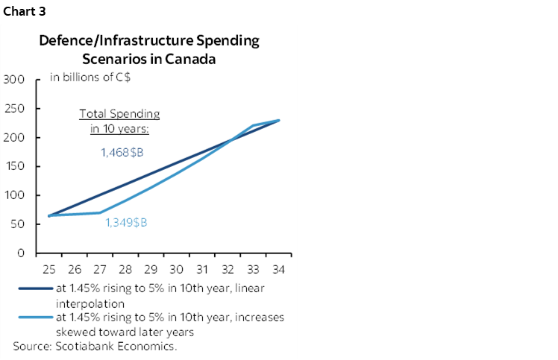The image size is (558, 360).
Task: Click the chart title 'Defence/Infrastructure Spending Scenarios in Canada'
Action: click(x=149, y=50)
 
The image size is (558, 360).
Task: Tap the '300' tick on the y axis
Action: click(x=14, y=80)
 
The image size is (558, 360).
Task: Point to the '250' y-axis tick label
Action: click(x=14, y=109)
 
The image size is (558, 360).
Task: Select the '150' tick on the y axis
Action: click(x=14, y=166)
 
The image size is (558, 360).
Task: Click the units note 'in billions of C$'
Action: click(x=87, y=77)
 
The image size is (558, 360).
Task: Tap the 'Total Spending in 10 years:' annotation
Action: click(x=119, y=121)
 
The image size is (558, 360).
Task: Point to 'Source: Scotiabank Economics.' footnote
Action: click(x=95, y=346)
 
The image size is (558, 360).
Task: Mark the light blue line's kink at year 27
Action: click(x=100, y=212)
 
